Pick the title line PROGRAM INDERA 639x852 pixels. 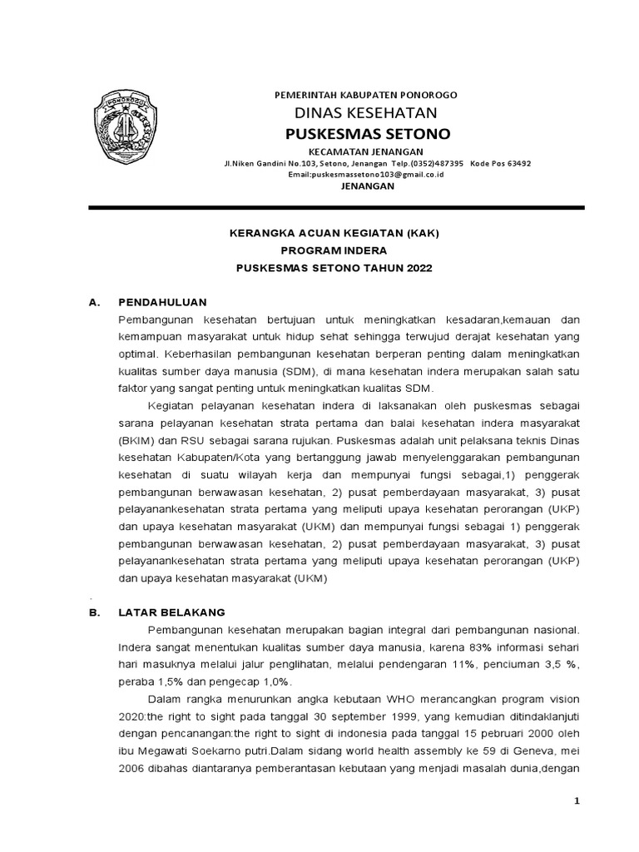pos(334,250)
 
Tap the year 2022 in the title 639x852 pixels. pos(419,269)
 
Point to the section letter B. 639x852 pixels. pos(94,612)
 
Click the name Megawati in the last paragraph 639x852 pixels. pos(166,750)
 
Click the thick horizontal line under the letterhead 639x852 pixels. pos(336,206)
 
